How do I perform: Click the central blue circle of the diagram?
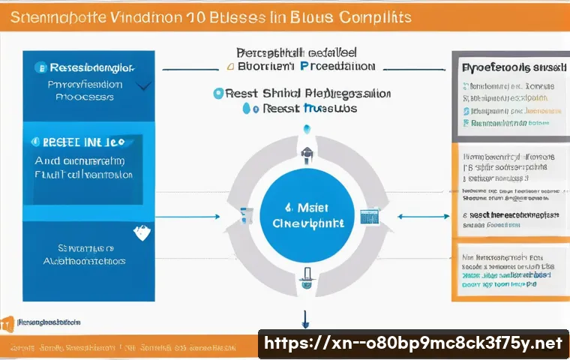305,214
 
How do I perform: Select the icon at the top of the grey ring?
306,156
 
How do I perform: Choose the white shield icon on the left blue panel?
140,233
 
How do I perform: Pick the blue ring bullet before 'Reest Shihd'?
218,94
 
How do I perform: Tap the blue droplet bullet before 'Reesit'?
245,109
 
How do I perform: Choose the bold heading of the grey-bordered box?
509,67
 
